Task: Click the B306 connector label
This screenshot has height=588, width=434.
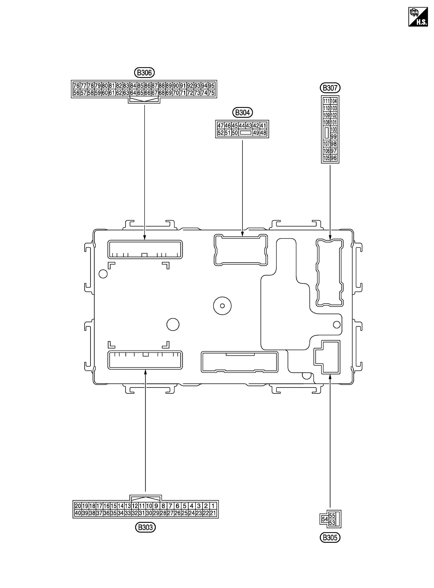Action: (144, 73)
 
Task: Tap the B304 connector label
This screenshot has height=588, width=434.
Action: (242, 113)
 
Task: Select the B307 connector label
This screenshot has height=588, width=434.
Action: (330, 88)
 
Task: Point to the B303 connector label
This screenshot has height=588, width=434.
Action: (145, 527)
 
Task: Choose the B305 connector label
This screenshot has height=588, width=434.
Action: (330, 538)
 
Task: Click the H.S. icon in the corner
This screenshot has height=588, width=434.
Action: (418, 17)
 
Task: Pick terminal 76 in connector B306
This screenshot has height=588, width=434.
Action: (76, 86)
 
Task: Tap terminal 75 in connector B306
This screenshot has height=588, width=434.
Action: (211, 93)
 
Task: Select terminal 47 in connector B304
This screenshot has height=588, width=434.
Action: (220, 126)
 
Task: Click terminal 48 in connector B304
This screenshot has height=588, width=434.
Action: (263, 133)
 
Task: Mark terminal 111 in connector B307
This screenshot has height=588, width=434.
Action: (326, 101)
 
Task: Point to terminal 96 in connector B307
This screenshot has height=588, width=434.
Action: (334, 158)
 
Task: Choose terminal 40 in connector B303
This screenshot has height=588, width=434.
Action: (78, 513)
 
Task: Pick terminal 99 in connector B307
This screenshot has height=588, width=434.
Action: (334, 137)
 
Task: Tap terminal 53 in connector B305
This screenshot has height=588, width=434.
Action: (332, 523)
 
